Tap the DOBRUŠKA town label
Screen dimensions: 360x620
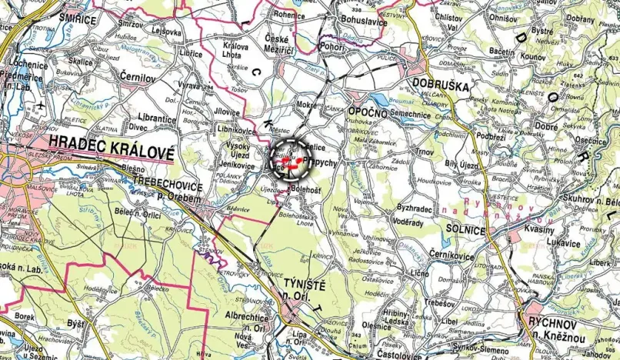pyautogui.click(x=440, y=85)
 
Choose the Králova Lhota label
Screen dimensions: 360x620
pyautogui.click(x=235, y=51)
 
